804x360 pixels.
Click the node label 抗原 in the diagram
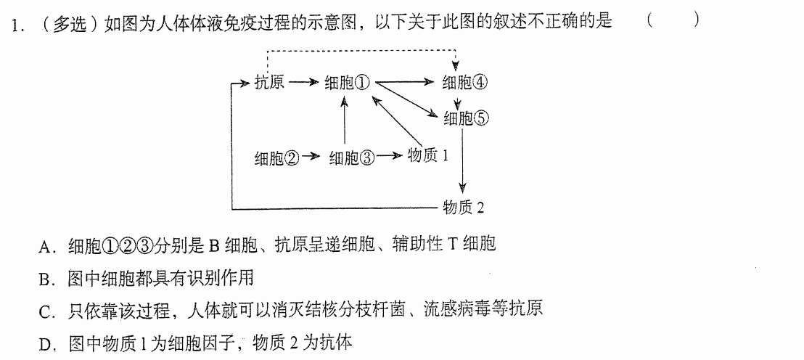click(x=269, y=82)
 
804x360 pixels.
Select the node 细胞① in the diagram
click(x=347, y=83)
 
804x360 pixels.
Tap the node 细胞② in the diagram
click(x=277, y=157)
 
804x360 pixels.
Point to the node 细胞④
click(x=466, y=82)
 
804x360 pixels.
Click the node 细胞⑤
click(x=467, y=119)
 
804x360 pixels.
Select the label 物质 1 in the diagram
click(x=427, y=156)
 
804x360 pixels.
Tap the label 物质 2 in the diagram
click(x=464, y=207)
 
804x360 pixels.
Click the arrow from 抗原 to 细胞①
click(x=303, y=82)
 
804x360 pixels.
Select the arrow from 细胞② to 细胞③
click(x=311, y=156)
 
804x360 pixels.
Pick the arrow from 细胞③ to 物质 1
click(x=389, y=156)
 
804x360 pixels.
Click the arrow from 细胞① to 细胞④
click(x=405, y=82)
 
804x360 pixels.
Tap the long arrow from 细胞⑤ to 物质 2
click(x=463, y=160)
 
